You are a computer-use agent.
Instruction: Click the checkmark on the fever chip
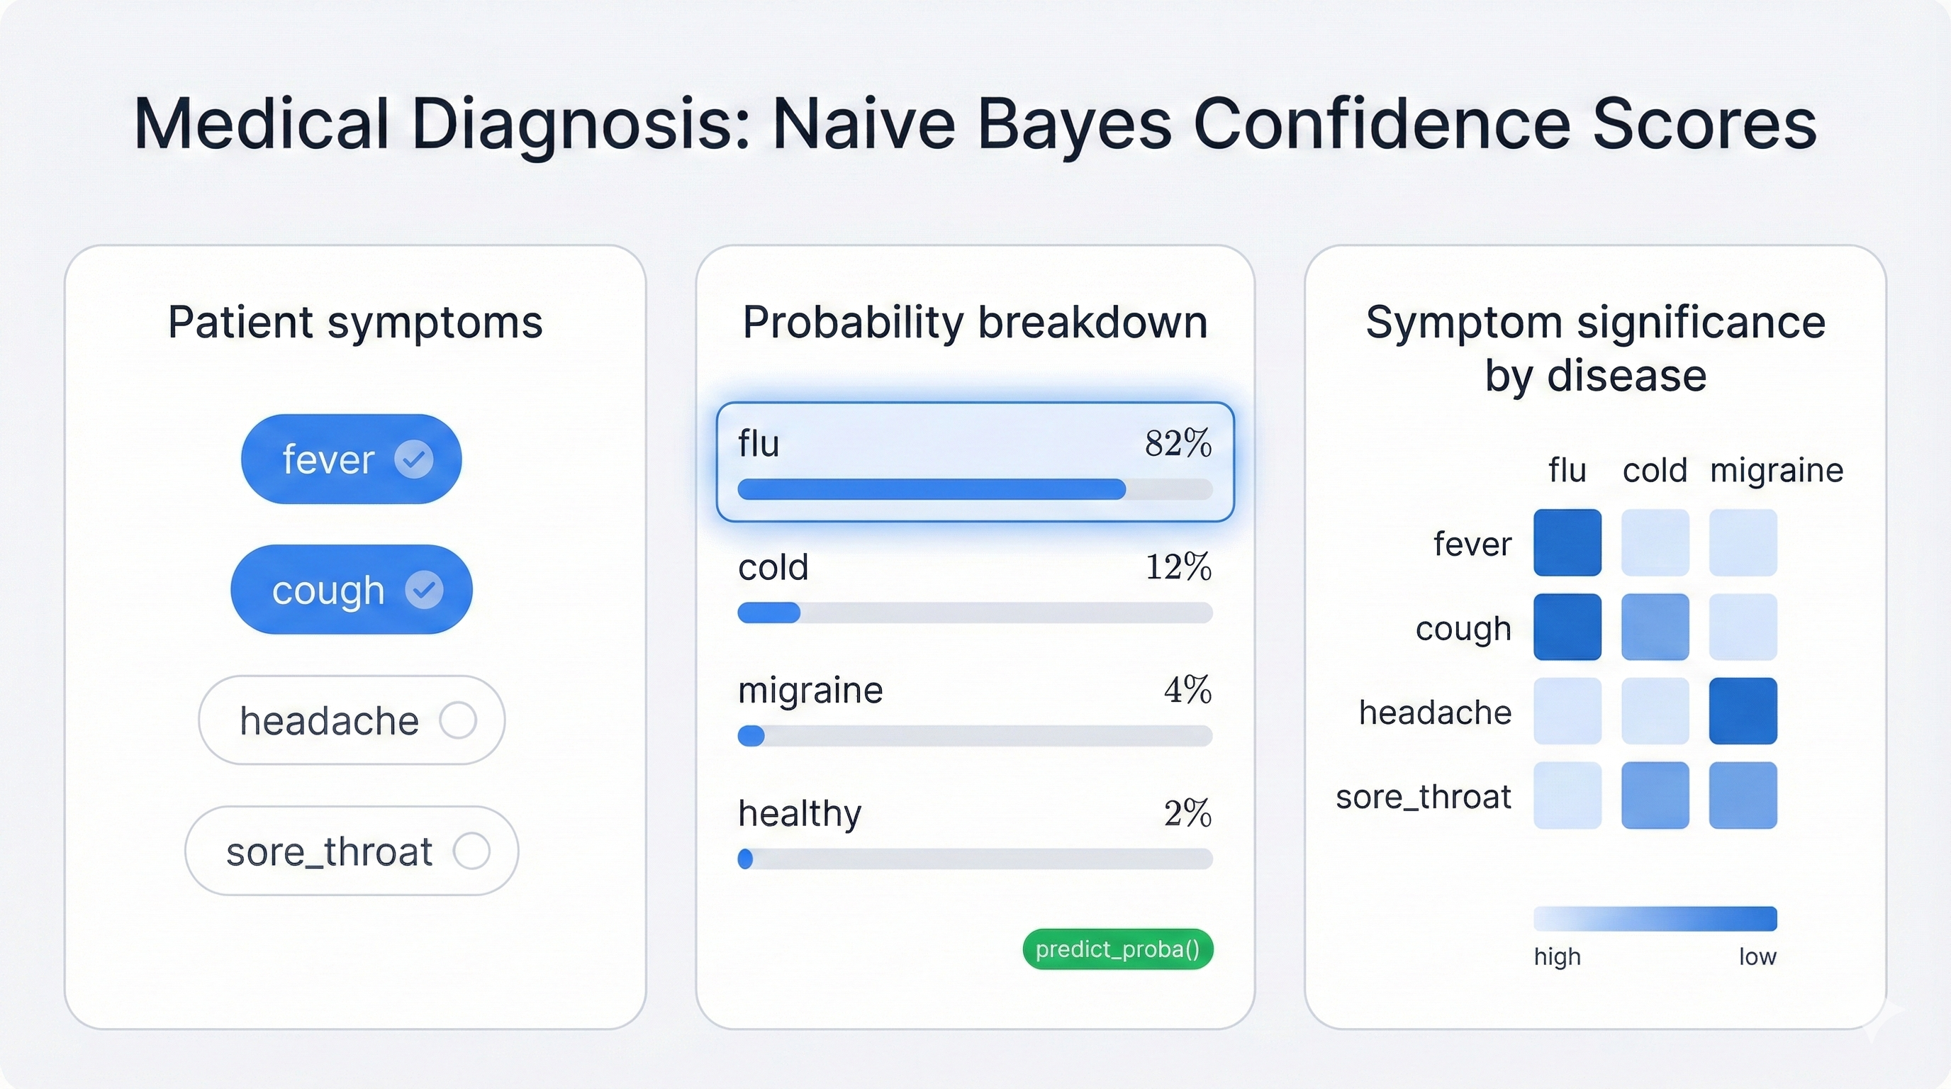coord(413,459)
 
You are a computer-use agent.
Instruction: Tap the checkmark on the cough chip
coord(424,590)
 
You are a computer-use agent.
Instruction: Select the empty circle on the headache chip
coord(458,720)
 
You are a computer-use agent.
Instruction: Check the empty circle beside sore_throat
coord(472,851)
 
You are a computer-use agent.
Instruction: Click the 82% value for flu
coord(1178,443)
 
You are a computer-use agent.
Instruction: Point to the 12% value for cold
coord(1178,566)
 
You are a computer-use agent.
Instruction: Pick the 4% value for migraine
coord(1187,690)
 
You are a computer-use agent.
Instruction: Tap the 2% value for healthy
coord(1187,813)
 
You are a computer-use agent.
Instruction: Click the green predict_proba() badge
coord(1117,949)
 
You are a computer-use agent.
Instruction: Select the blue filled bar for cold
coord(768,613)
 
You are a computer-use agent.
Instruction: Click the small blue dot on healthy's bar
coord(745,859)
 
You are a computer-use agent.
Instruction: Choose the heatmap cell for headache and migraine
coord(1743,711)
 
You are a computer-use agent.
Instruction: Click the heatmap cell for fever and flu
coord(1567,542)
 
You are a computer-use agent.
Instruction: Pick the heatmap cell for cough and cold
coord(1655,627)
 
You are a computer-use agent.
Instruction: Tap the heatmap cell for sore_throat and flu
coord(1567,795)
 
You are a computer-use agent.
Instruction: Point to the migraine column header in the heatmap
coord(1776,470)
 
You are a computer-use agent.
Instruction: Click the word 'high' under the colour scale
coord(1557,956)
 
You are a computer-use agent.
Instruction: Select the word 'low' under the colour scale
coord(1757,956)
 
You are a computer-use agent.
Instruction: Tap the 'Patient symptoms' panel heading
coord(355,322)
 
